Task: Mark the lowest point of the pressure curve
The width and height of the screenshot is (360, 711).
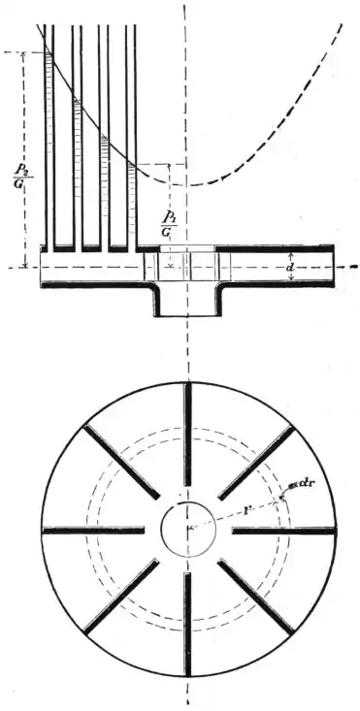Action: (194, 183)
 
